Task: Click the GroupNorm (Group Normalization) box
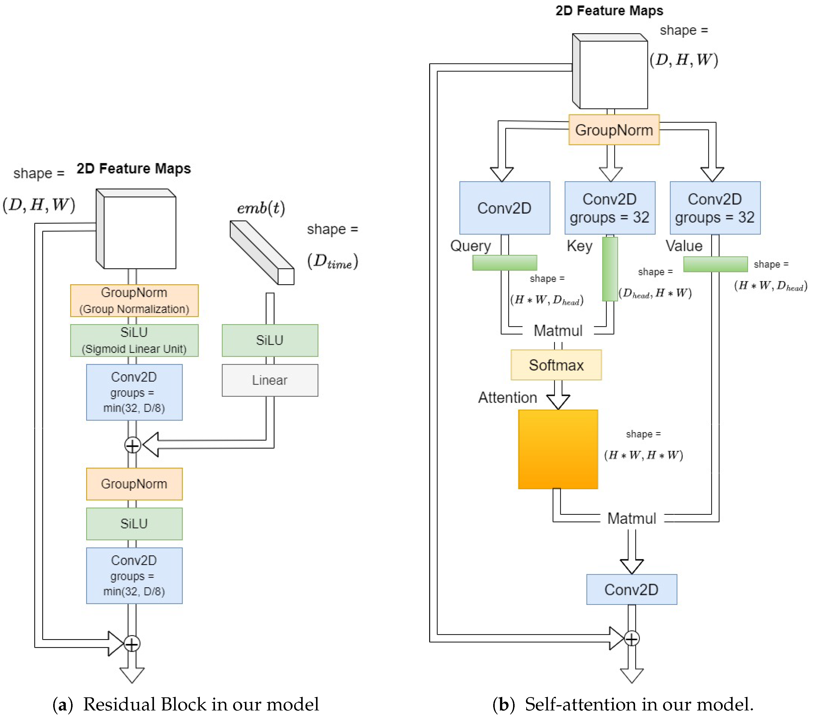pos(134,300)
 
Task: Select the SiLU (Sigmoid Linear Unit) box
pos(134,340)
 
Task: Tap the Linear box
pos(270,380)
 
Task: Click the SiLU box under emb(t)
pos(270,340)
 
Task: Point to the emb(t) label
pos(261,208)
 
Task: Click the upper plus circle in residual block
pos(132,445)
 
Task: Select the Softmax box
pos(556,365)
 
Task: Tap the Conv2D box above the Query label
pos(504,208)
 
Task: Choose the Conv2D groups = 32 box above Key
pos(609,208)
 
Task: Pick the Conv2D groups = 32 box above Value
pos(715,208)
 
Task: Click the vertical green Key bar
pos(610,269)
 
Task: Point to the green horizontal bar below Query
pos(504,263)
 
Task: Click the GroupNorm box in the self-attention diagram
pos(614,130)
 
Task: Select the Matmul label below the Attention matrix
pos(632,518)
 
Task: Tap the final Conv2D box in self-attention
pos(631,590)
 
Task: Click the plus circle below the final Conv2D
pos(632,638)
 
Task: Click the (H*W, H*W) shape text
pos(643,455)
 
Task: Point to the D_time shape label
pos(332,261)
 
